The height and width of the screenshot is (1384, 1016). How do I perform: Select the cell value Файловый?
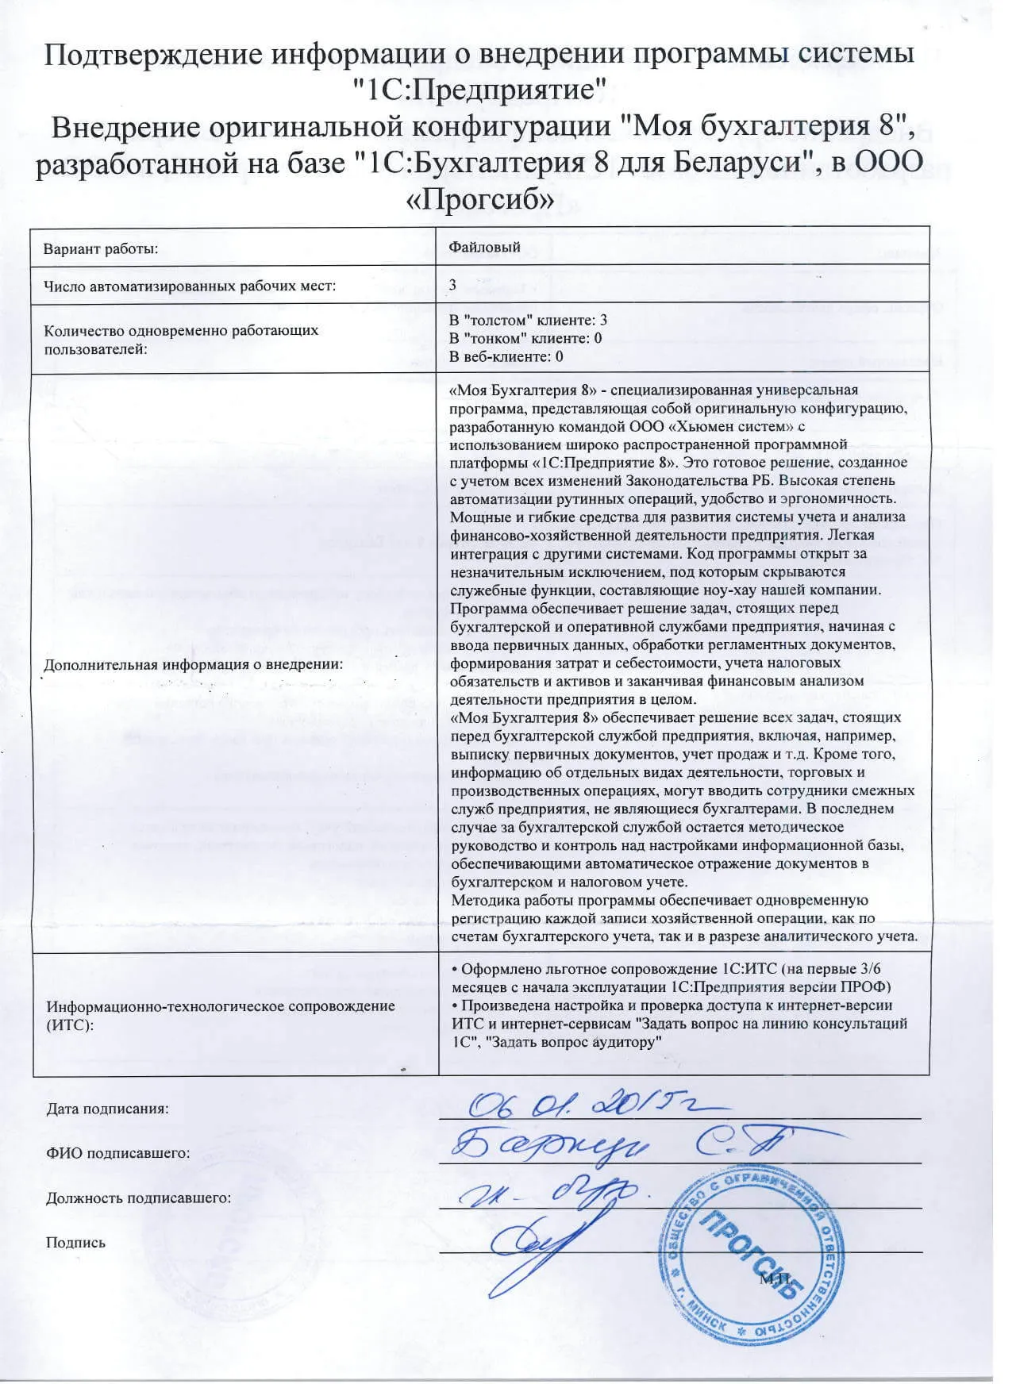484,247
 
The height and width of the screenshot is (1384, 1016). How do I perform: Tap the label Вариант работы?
101,249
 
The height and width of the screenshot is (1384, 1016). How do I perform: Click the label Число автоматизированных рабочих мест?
190,286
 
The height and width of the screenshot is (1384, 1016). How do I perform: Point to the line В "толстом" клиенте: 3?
528,320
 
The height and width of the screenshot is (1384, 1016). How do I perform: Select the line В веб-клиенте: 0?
506,356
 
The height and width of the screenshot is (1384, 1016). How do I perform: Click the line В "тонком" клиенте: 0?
525,338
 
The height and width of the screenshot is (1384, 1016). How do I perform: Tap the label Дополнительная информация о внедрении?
193,664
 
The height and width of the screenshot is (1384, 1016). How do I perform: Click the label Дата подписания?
107,1109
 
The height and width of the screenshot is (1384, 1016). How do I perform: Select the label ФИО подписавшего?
117,1153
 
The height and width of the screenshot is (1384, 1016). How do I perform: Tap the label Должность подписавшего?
138,1198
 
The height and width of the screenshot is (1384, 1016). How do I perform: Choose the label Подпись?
75,1243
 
